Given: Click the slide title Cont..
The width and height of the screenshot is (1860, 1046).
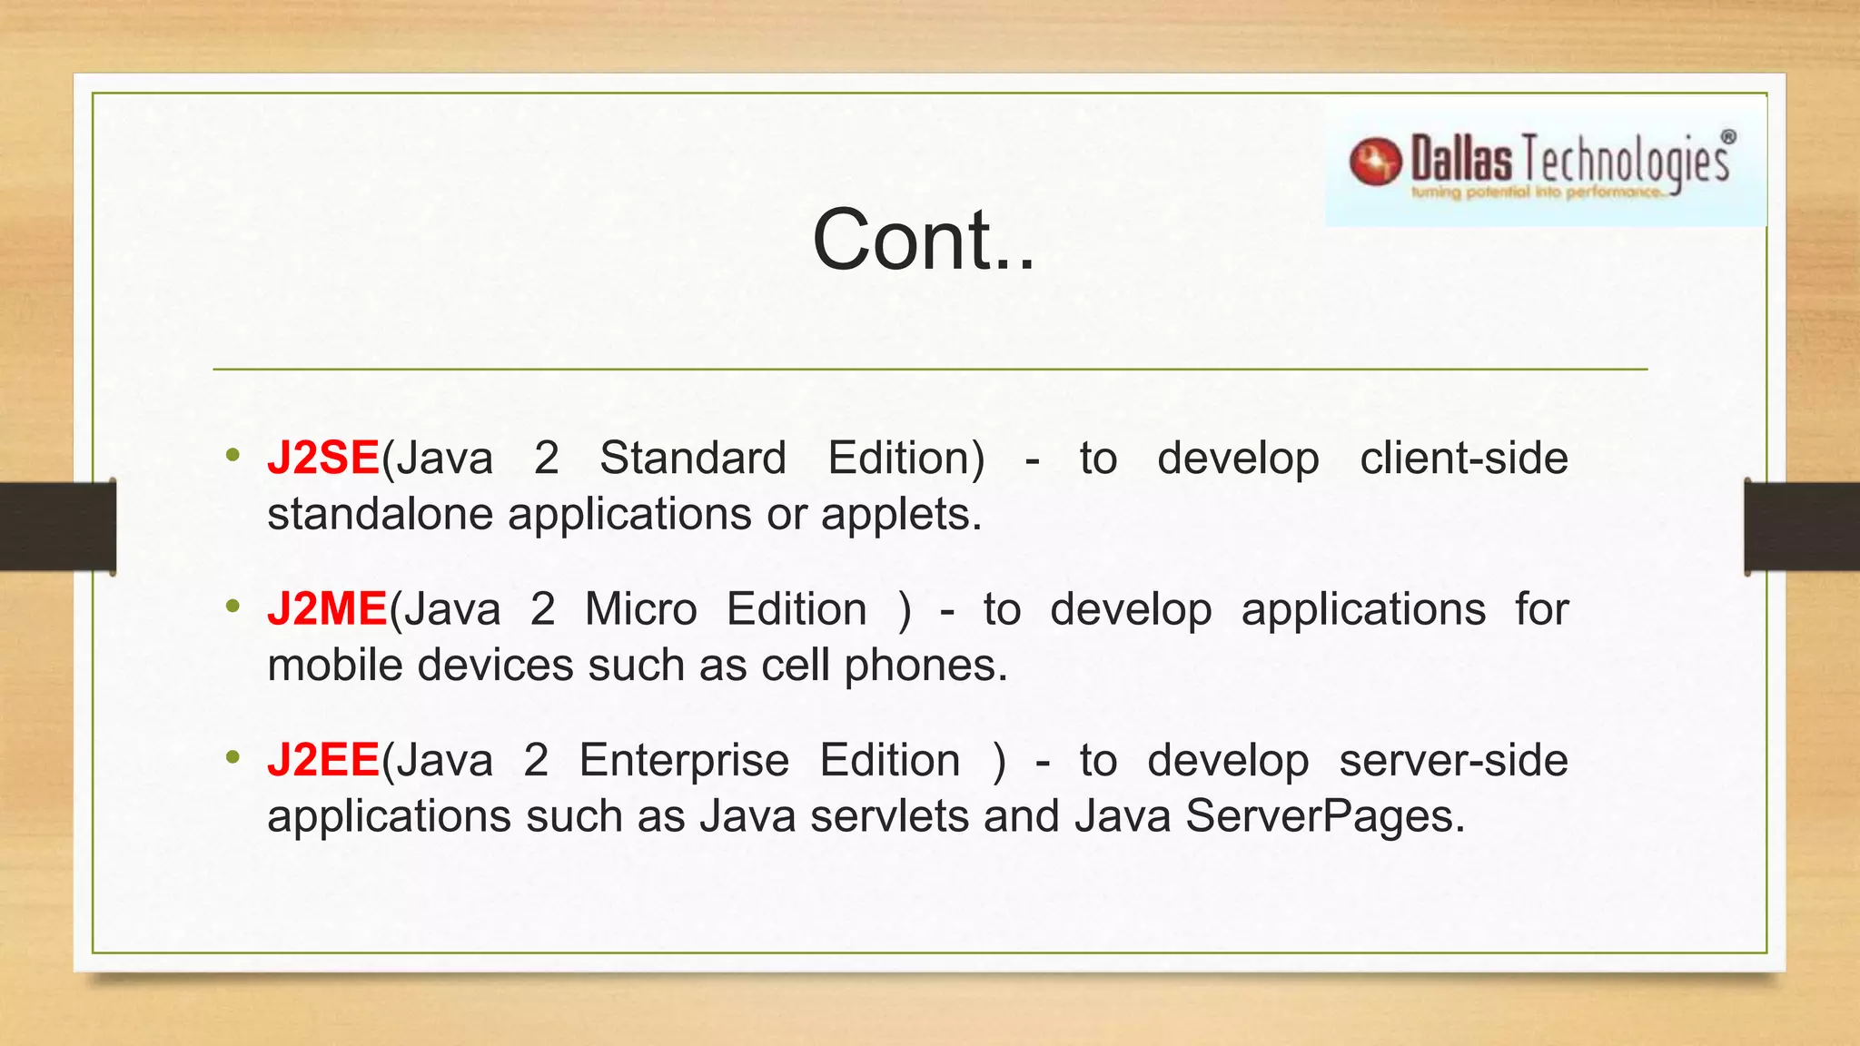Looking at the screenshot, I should [923, 240].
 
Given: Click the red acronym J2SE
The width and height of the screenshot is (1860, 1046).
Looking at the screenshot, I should [322, 458].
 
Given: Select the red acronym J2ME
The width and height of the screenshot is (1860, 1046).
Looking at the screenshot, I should [327, 609].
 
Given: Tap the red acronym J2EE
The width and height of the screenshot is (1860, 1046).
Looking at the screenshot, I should [322, 760].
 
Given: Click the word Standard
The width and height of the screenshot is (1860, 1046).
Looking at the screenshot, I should [692, 458].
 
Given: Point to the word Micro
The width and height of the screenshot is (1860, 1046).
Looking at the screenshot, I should [640, 609].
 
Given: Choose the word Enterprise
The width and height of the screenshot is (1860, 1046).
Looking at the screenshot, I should [684, 761].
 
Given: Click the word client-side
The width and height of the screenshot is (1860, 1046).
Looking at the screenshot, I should [1463, 458].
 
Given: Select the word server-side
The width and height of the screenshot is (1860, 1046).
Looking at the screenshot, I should [1453, 760].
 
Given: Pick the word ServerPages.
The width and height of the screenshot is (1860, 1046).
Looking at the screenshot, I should [1324, 816].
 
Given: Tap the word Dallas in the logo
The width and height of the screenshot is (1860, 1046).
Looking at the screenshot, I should [1461, 160].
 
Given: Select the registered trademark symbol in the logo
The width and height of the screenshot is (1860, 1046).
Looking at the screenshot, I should [1727, 137].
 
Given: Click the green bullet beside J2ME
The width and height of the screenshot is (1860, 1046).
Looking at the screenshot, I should [233, 606].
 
